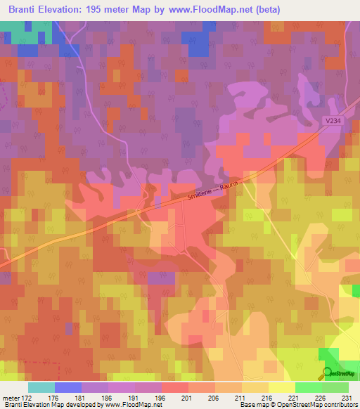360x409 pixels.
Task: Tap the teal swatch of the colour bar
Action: tap(41, 387)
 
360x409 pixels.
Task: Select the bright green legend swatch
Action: tap(308, 387)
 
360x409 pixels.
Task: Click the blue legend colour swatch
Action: tap(68, 387)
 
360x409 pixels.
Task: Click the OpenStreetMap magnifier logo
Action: tap(328, 373)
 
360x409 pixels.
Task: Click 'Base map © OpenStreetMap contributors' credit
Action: tap(297, 405)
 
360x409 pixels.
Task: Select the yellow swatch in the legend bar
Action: tap(281, 387)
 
